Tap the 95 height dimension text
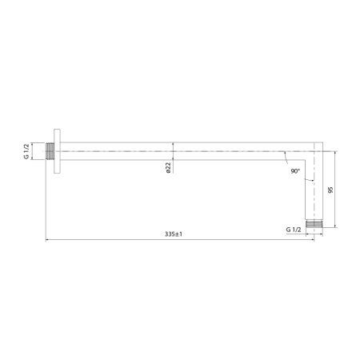coord(330,190)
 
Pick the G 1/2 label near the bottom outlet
coord(294,230)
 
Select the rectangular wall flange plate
coord(58,150)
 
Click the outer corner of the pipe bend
coord(321,144)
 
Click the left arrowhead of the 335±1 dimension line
coord(47,240)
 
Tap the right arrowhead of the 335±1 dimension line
coord(311,240)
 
